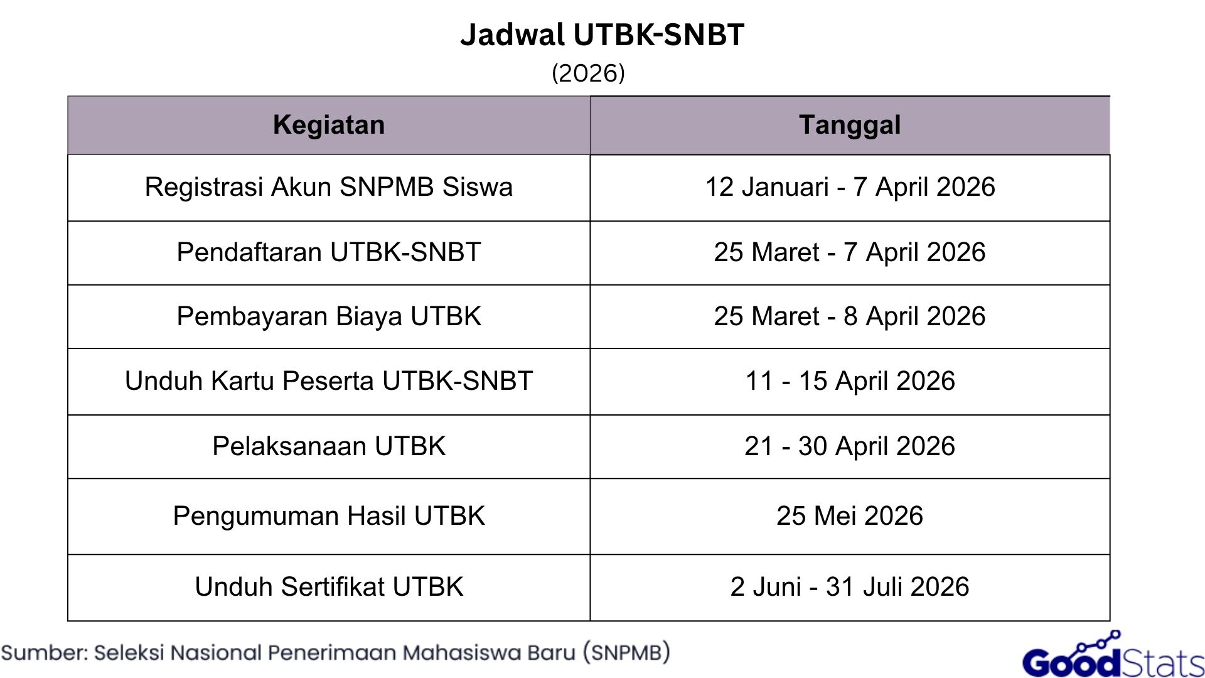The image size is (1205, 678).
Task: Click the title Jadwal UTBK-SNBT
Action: (x=602, y=35)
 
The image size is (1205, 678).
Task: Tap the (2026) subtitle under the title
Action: (x=588, y=73)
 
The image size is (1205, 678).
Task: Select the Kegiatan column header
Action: (x=329, y=125)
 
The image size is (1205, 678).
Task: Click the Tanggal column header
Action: (x=850, y=125)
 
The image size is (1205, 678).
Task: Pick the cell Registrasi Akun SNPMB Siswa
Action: (x=329, y=187)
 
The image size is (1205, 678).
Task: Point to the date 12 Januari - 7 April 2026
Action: (x=850, y=187)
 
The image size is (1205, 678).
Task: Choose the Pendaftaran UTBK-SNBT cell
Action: (x=329, y=252)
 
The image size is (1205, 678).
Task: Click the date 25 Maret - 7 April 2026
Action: (x=850, y=252)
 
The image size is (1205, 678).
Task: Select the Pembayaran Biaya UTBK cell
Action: (x=329, y=316)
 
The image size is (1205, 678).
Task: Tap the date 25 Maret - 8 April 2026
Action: (x=850, y=316)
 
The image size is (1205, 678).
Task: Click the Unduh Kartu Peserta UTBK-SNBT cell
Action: (x=329, y=381)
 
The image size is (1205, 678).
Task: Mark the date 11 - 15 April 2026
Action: (x=850, y=381)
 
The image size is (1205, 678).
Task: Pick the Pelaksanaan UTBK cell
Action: (x=329, y=446)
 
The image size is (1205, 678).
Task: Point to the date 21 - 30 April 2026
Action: (x=850, y=446)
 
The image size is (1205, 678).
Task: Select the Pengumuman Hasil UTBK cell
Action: (x=329, y=516)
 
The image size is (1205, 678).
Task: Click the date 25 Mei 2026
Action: (x=850, y=516)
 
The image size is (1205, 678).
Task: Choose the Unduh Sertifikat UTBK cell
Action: (x=329, y=587)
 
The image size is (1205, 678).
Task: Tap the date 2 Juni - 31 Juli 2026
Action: (x=850, y=587)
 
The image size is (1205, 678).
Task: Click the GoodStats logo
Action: (x=1113, y=658)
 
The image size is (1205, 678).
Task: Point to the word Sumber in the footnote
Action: (x=45, y=653)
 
